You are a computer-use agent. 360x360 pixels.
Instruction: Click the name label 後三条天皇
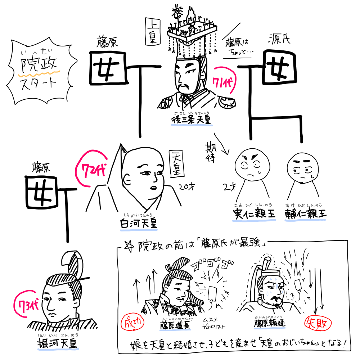click(192, 120)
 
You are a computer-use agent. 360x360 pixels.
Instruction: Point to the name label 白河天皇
click(139, 224)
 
